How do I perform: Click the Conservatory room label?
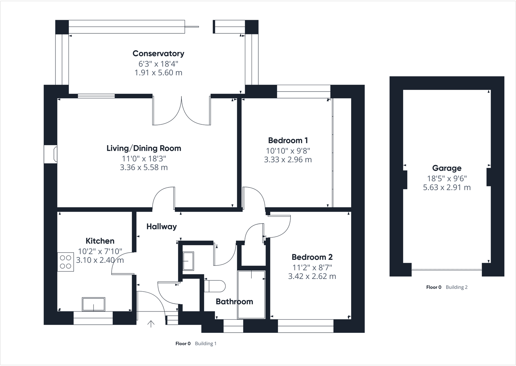[158, 54]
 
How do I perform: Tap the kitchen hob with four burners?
[66, 262]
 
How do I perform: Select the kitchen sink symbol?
[93, 304]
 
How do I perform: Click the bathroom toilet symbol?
[215, 286]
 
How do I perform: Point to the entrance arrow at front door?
[151, 324]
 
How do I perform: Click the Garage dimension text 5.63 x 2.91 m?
[447, 187]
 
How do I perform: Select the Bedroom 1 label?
[288, 141]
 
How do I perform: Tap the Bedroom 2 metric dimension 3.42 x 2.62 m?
[312, 276]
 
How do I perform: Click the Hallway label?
[161, 227]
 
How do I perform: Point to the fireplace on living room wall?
[51, 154]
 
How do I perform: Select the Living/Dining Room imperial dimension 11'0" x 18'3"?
[144, 158]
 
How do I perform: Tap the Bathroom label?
[234, 302]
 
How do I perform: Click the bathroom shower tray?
[251, 295]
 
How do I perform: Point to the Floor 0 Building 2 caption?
[447, 287]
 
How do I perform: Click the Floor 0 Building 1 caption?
[196, 344]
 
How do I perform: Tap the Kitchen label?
[100, 241]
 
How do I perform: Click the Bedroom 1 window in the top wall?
[303, 91]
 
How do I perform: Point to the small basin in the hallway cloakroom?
[188, 261]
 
